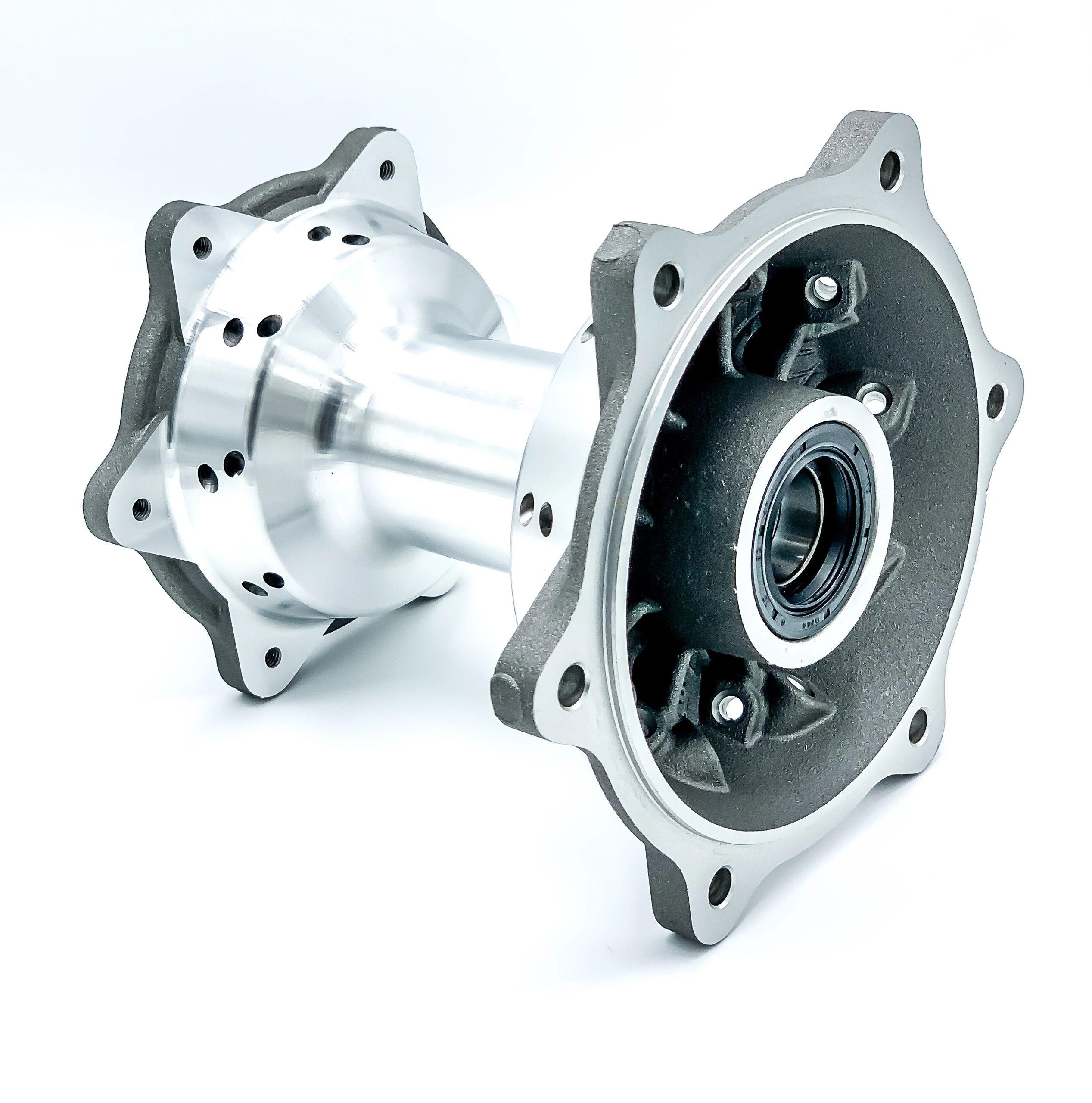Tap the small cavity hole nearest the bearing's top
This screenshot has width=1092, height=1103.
(x=871, y=399)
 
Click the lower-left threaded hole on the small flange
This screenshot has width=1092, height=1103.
(x=139, y=505)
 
